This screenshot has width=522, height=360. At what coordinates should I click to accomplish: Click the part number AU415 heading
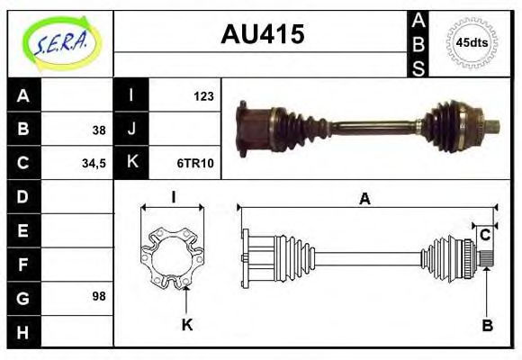(263, 34)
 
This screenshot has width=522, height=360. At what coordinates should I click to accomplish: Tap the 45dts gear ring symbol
(472, 42)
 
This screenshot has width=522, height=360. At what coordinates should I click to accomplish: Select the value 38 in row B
(98, 130)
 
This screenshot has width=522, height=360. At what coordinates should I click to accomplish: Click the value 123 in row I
(202, 95)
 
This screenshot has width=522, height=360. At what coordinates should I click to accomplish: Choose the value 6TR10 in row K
(195, 164)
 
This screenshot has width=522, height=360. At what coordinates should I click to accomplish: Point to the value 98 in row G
(98, 295)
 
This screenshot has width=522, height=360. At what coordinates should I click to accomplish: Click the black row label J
(131, 130)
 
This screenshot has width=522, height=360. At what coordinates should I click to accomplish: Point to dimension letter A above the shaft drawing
(364, 199)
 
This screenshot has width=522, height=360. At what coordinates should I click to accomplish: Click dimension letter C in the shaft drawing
(484, 236)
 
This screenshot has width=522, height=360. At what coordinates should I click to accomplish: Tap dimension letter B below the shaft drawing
(487, 325)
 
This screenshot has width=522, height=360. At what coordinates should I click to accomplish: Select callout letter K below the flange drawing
(187, 325)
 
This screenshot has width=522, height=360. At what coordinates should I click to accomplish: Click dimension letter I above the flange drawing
(173, 197)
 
